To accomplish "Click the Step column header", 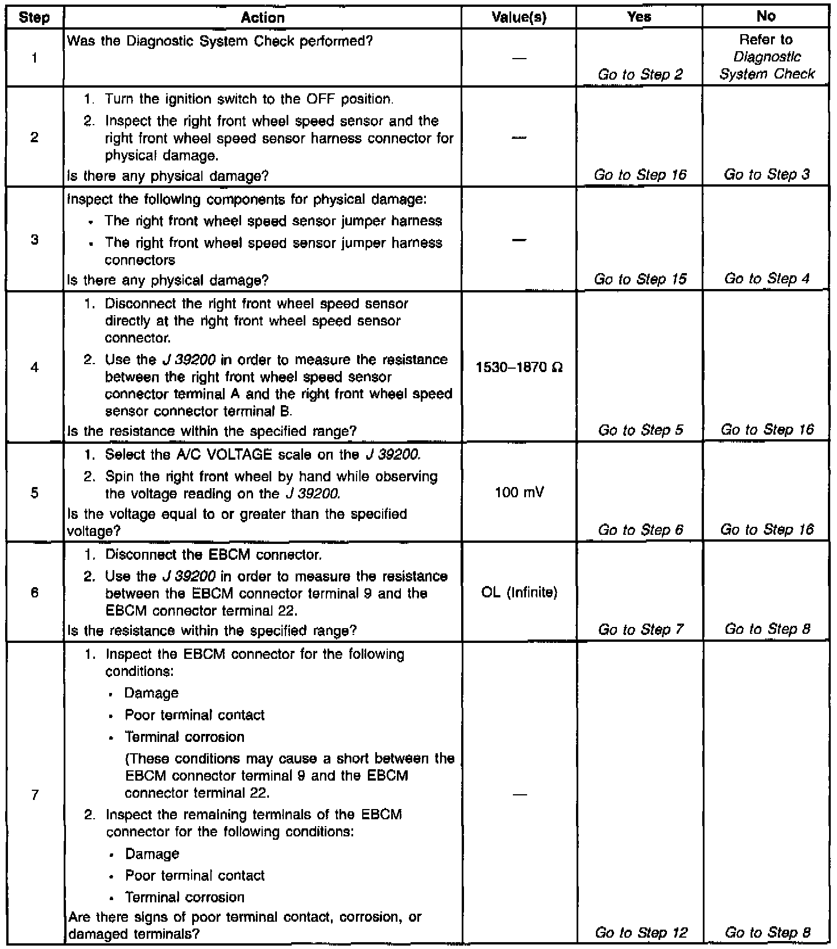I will click(x=34, y=18).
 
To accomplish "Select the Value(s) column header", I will click(x=519, y=18).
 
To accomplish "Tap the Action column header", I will click(x=263, y=18).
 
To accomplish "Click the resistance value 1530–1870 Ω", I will click(x=519, y=368).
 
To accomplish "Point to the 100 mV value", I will click(x=519, y=492).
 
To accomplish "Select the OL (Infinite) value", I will click(x=519, y=593).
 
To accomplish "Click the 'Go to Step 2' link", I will click(x=640, y=75).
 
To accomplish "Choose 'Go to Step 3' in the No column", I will click(x=766, y=175).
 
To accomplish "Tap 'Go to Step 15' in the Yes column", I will click(x=640, y=279).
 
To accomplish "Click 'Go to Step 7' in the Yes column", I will click(x=640, y=629).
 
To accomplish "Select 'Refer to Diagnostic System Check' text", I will click(x=766, y=57).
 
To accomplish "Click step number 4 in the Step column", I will click(x=35, y=368).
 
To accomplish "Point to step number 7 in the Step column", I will click(x=35, y=794).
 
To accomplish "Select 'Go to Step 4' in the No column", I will click(x=766, y=279).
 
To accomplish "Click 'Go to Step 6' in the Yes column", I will click(x=640, y=530).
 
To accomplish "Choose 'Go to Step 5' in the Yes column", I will click(x=640, y=430).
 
